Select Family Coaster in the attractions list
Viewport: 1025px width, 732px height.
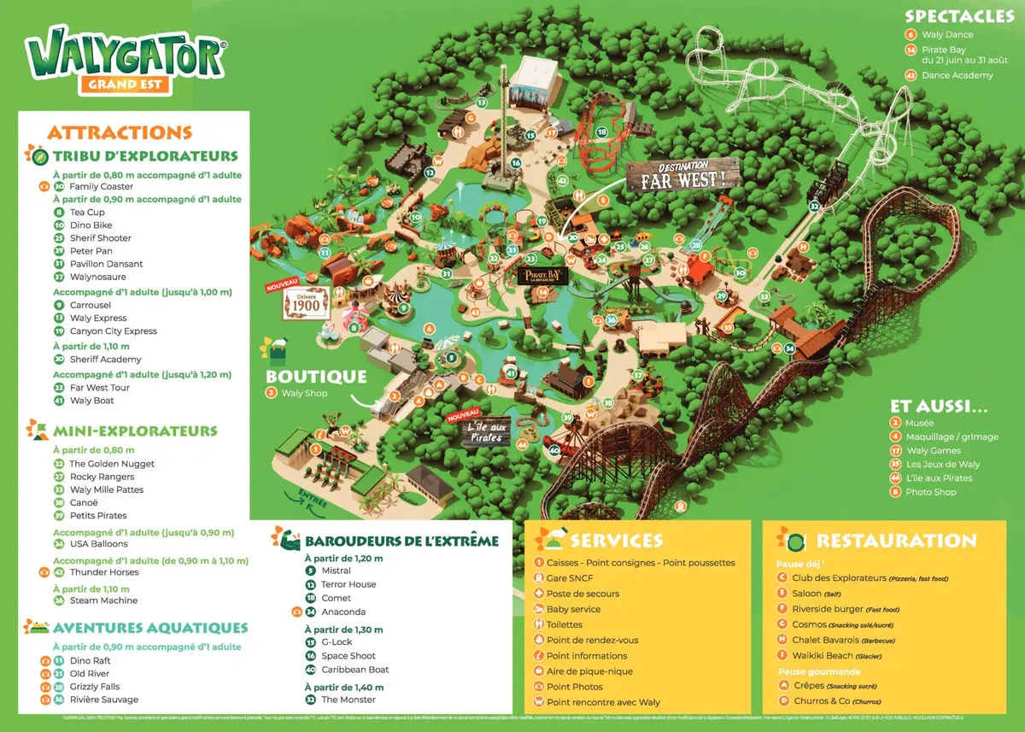pos(101,186)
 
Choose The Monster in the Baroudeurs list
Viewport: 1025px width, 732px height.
pos(348,700)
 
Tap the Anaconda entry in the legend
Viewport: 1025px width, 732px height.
pos(343,612)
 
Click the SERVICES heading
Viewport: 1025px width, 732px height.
pos(616,541)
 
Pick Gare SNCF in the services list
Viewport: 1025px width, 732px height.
pos(570,578)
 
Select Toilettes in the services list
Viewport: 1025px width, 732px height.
pos(565,624)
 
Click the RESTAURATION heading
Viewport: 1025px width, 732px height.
pos(896,541)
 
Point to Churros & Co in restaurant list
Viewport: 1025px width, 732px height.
pos(823,701)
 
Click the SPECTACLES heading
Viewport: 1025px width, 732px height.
pos(959,16)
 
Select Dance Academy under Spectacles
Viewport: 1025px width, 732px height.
pos(957,75)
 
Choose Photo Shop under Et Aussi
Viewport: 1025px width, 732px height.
pos(931,492)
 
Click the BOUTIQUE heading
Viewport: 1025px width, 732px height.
pos(316,377)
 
